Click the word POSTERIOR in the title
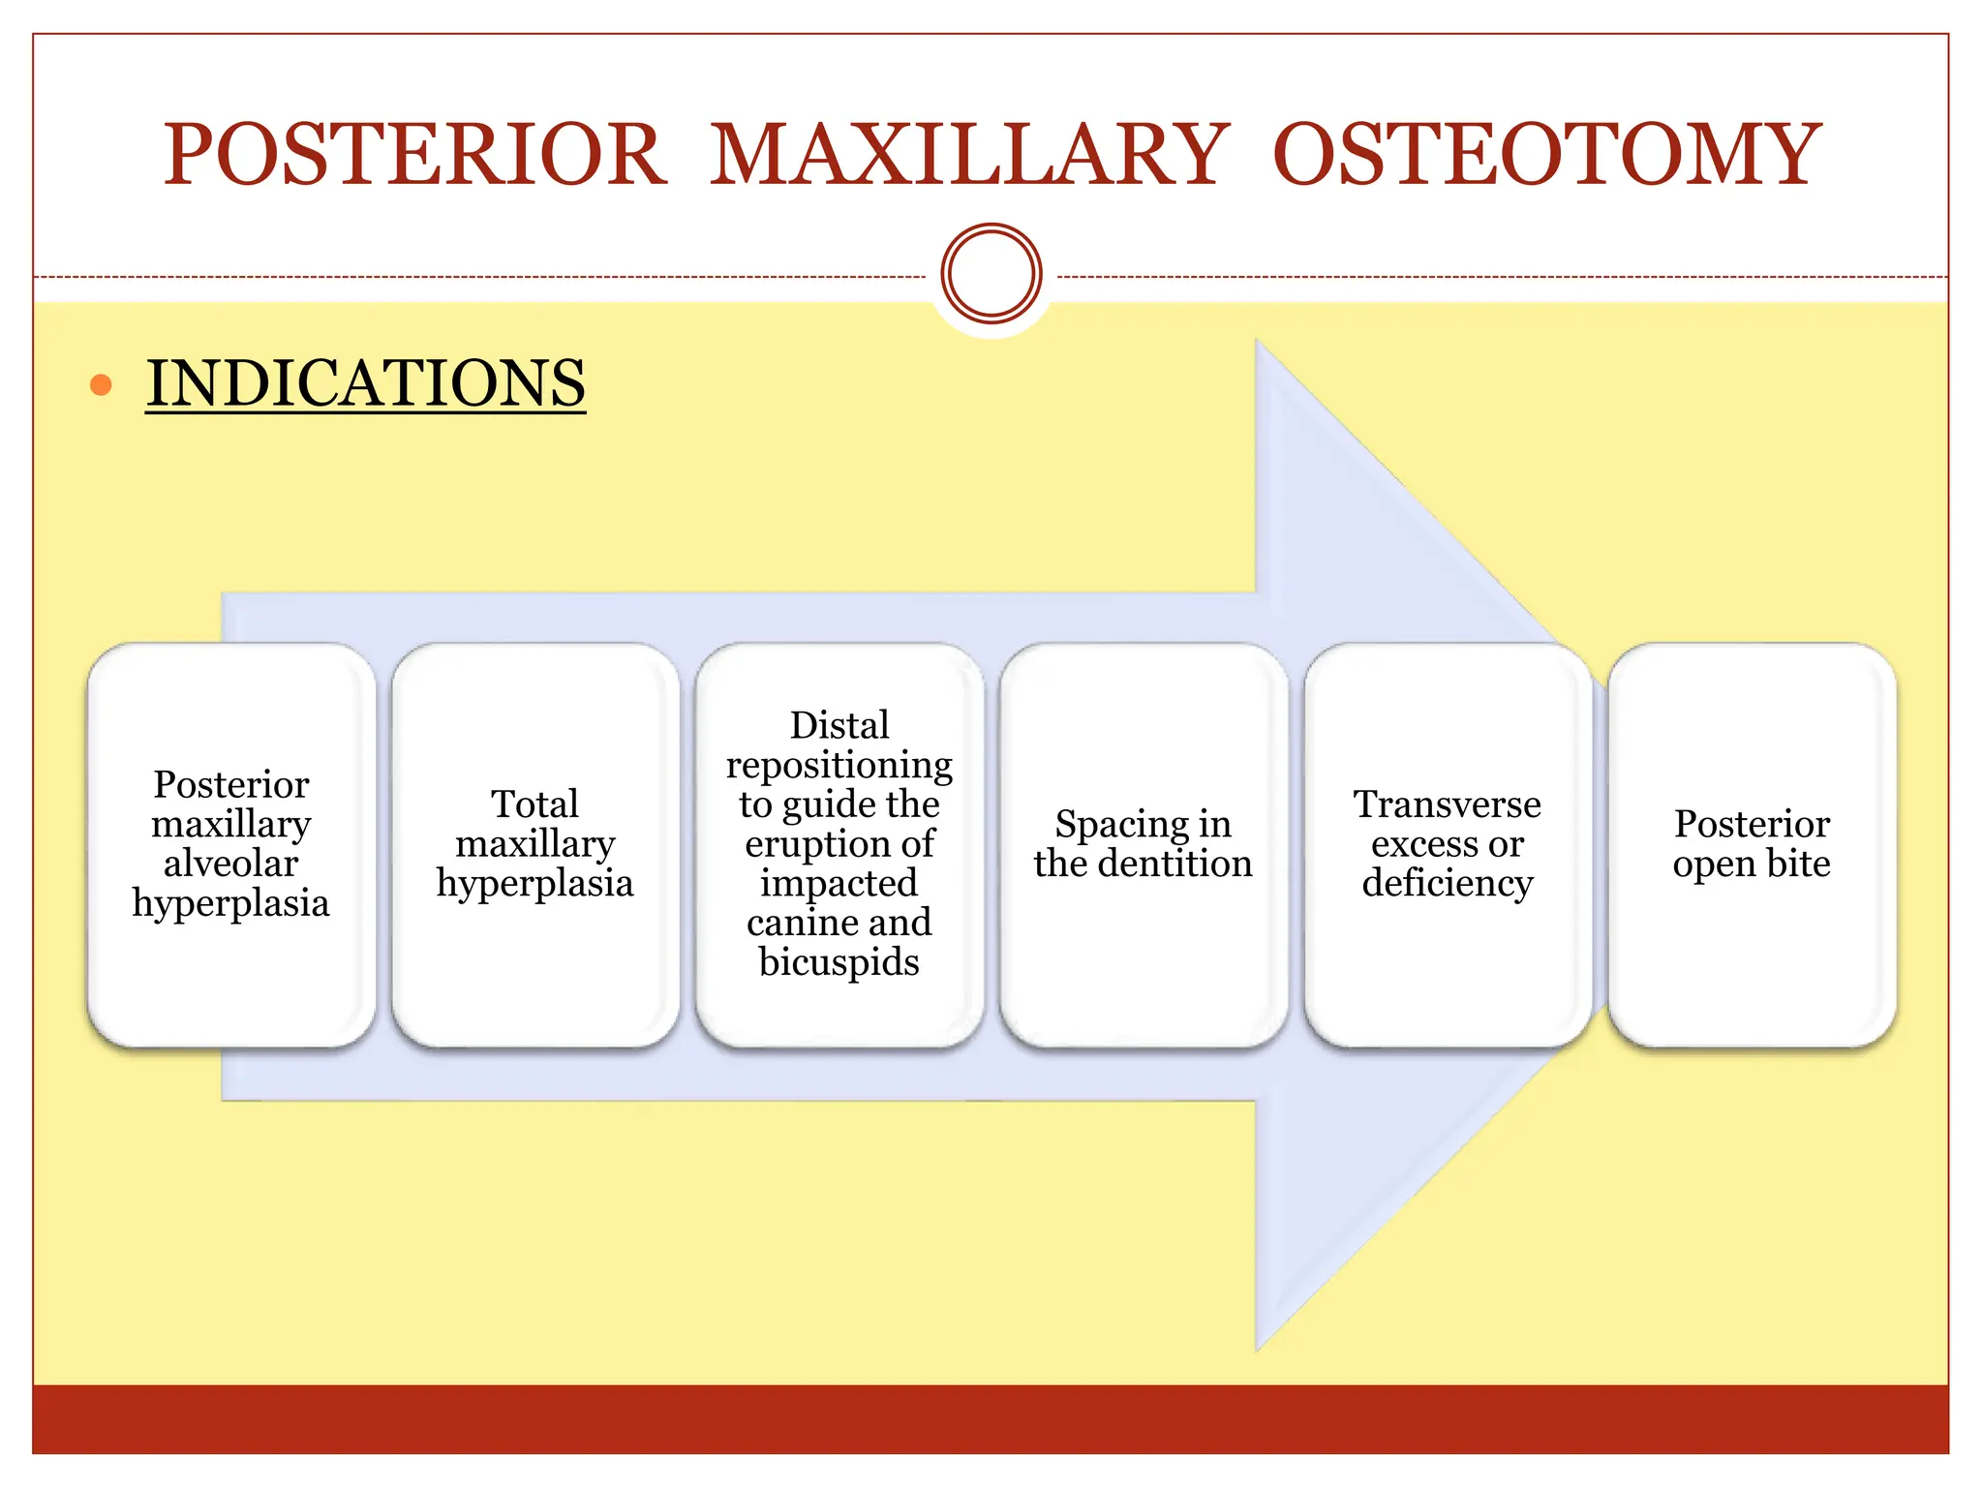(414, 155)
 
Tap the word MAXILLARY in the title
(969, 155)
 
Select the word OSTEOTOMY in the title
(1546, 155)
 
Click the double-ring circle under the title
(991, 274)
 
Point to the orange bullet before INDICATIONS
(101, 385)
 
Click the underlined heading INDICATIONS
(366, 383)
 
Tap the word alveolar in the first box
(230, 864)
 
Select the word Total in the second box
(534, 804)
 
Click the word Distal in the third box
(839, 725)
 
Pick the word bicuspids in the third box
(839, 962)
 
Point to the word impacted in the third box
(839, 883)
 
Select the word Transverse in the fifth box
(1447, 804)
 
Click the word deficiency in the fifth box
(1447, 883)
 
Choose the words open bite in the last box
(1751, 864)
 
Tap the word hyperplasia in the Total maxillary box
(534, 883)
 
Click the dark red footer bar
(991, 1419)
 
